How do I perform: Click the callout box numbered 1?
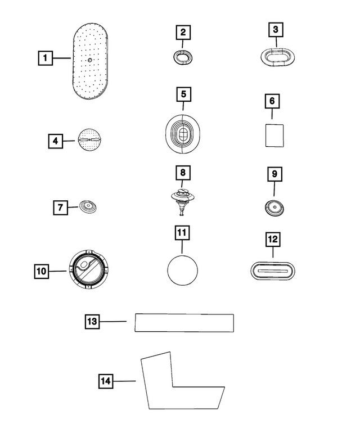point(45,58)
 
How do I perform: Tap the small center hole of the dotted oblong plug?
point(89,60)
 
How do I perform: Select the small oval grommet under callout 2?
point(183,57)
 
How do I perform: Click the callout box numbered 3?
point(276,30)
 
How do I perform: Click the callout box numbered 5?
point(183,94)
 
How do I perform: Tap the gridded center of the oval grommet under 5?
point(183,135)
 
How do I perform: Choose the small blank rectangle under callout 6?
point(274,136)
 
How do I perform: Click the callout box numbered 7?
point(60,208)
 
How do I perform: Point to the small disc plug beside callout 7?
point(88,207)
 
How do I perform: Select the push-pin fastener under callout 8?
point(182,201)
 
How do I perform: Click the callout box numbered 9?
point(274,174)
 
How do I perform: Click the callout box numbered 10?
point(41,271)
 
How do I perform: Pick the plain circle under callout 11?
point(182,271)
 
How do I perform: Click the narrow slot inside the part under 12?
point(272,271)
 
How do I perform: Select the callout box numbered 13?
point(92,322)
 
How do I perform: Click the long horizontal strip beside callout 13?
point(184,323)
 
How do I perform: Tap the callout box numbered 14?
point(106,381)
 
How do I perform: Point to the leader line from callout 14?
point(124,381)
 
